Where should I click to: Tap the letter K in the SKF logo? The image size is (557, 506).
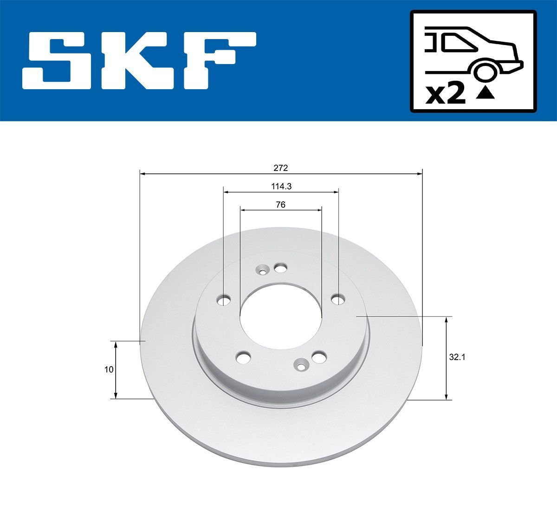(134, 60)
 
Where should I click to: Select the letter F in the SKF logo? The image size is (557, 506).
(218, 60)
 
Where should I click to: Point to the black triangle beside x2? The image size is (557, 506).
(485, 94)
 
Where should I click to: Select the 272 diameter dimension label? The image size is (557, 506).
(281, 168)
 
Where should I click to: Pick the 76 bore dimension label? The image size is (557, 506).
(281, 204)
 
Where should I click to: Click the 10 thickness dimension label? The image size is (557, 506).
(109, 370)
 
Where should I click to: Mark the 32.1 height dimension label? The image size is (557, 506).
(457, 357)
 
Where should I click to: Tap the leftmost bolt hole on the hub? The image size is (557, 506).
(225, 300)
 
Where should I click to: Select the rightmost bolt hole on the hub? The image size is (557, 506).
(338, 298)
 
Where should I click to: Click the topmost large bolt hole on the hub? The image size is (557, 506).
(280, 268)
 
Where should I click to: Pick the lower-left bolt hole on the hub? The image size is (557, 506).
(243, 357)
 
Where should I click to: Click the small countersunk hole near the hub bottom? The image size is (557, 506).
(302, 366)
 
